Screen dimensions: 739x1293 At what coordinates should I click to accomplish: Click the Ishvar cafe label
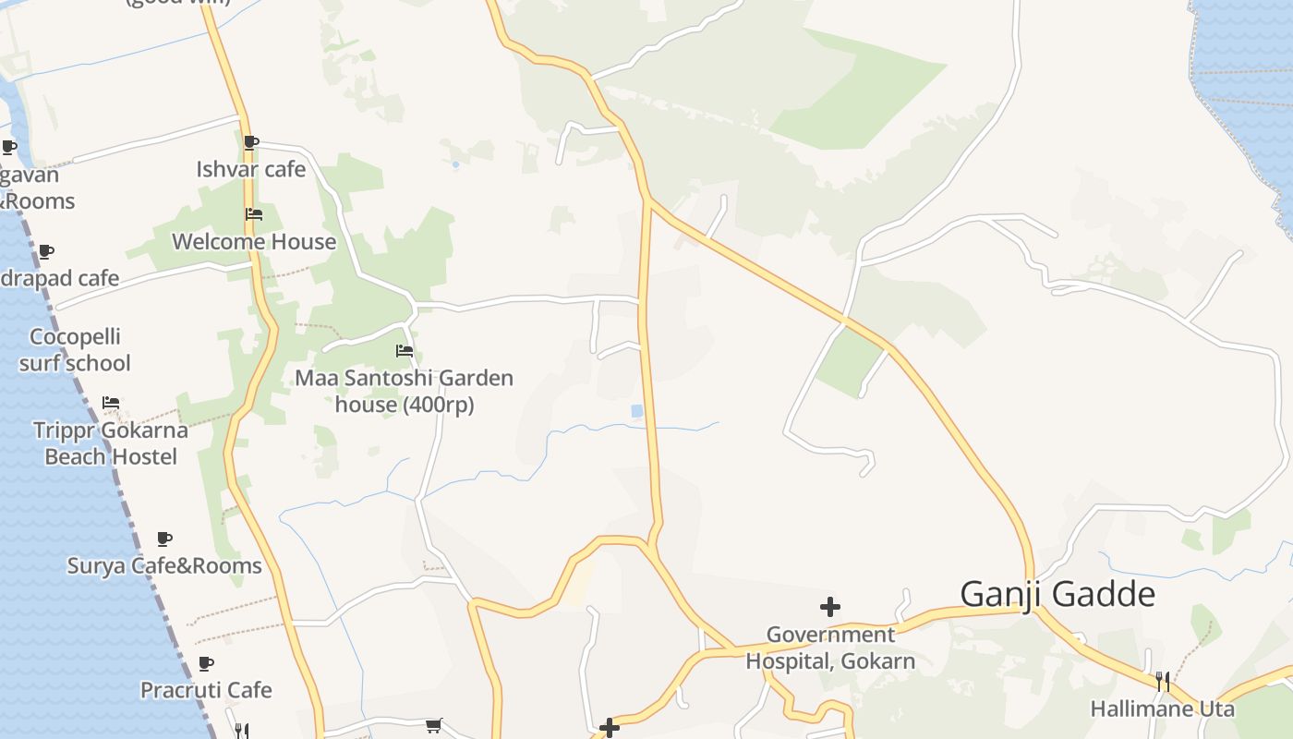[250, 169]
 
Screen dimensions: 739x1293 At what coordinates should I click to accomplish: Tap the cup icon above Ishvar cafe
[250, 142]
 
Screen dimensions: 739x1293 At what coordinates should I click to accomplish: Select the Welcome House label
[254, 242]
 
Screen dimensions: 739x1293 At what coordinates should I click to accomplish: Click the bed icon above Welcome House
[254, 214]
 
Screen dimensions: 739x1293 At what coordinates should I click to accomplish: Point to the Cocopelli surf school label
[75, 350]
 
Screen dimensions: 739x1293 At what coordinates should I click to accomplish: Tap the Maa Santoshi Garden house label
[404, 391]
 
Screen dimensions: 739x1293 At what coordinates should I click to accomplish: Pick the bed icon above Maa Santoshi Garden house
[404, 351]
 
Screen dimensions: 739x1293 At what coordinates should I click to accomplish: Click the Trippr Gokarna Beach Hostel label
[111, 443]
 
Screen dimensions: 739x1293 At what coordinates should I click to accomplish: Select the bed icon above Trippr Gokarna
[111, 402]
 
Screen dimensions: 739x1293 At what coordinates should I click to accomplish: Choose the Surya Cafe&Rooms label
[164, 565]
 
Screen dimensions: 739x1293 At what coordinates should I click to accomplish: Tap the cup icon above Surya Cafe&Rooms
[164, 539]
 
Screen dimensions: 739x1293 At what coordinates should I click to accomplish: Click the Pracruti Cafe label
[206, 690]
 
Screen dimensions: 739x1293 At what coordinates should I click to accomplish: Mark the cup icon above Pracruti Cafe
[206, 663]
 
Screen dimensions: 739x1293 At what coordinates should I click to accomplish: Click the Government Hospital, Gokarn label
[830, 648]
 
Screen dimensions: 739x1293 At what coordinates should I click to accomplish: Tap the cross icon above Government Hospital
[830, 607]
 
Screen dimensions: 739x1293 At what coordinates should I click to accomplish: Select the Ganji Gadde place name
[1057, 594]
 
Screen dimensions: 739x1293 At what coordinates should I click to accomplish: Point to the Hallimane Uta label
[1162, 709]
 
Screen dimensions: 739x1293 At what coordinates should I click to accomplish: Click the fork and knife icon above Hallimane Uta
[1163, 682]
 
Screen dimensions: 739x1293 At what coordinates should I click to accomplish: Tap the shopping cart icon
[434, 725]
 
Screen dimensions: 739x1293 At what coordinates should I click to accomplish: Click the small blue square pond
[637, 410]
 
